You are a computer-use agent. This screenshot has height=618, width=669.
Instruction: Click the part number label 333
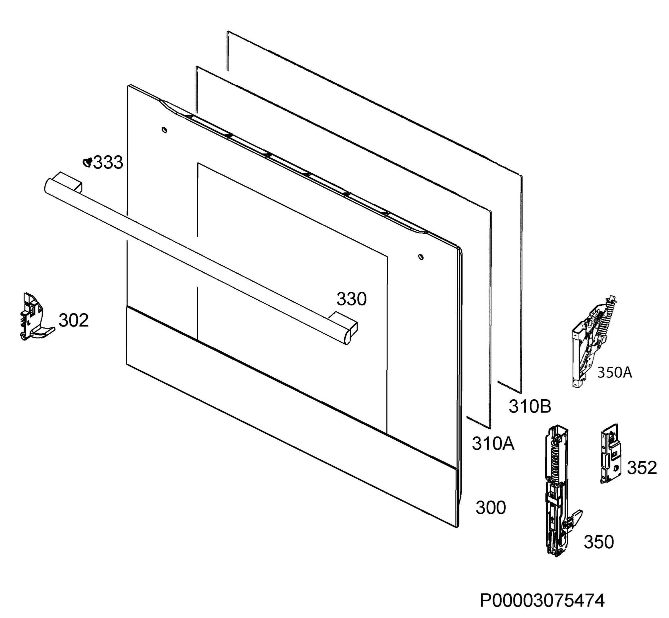tap(108, 163)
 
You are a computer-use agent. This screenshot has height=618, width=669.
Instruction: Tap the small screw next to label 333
tap(88, 162)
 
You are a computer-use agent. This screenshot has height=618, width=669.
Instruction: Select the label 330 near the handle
tap(352, 299)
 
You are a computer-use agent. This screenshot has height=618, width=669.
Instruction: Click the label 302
tap(74, 320)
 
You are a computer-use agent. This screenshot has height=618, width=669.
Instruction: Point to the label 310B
tap(530, 407)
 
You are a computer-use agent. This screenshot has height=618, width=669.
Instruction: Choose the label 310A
tap(493, 444)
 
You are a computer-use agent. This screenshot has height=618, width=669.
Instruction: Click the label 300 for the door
tap(491, 508)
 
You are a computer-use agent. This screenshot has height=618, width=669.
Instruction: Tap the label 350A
tap(614, 373)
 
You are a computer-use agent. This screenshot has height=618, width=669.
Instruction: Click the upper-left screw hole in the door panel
tap(164, 130)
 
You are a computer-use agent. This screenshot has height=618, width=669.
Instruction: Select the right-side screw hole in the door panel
tap(421, 257)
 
